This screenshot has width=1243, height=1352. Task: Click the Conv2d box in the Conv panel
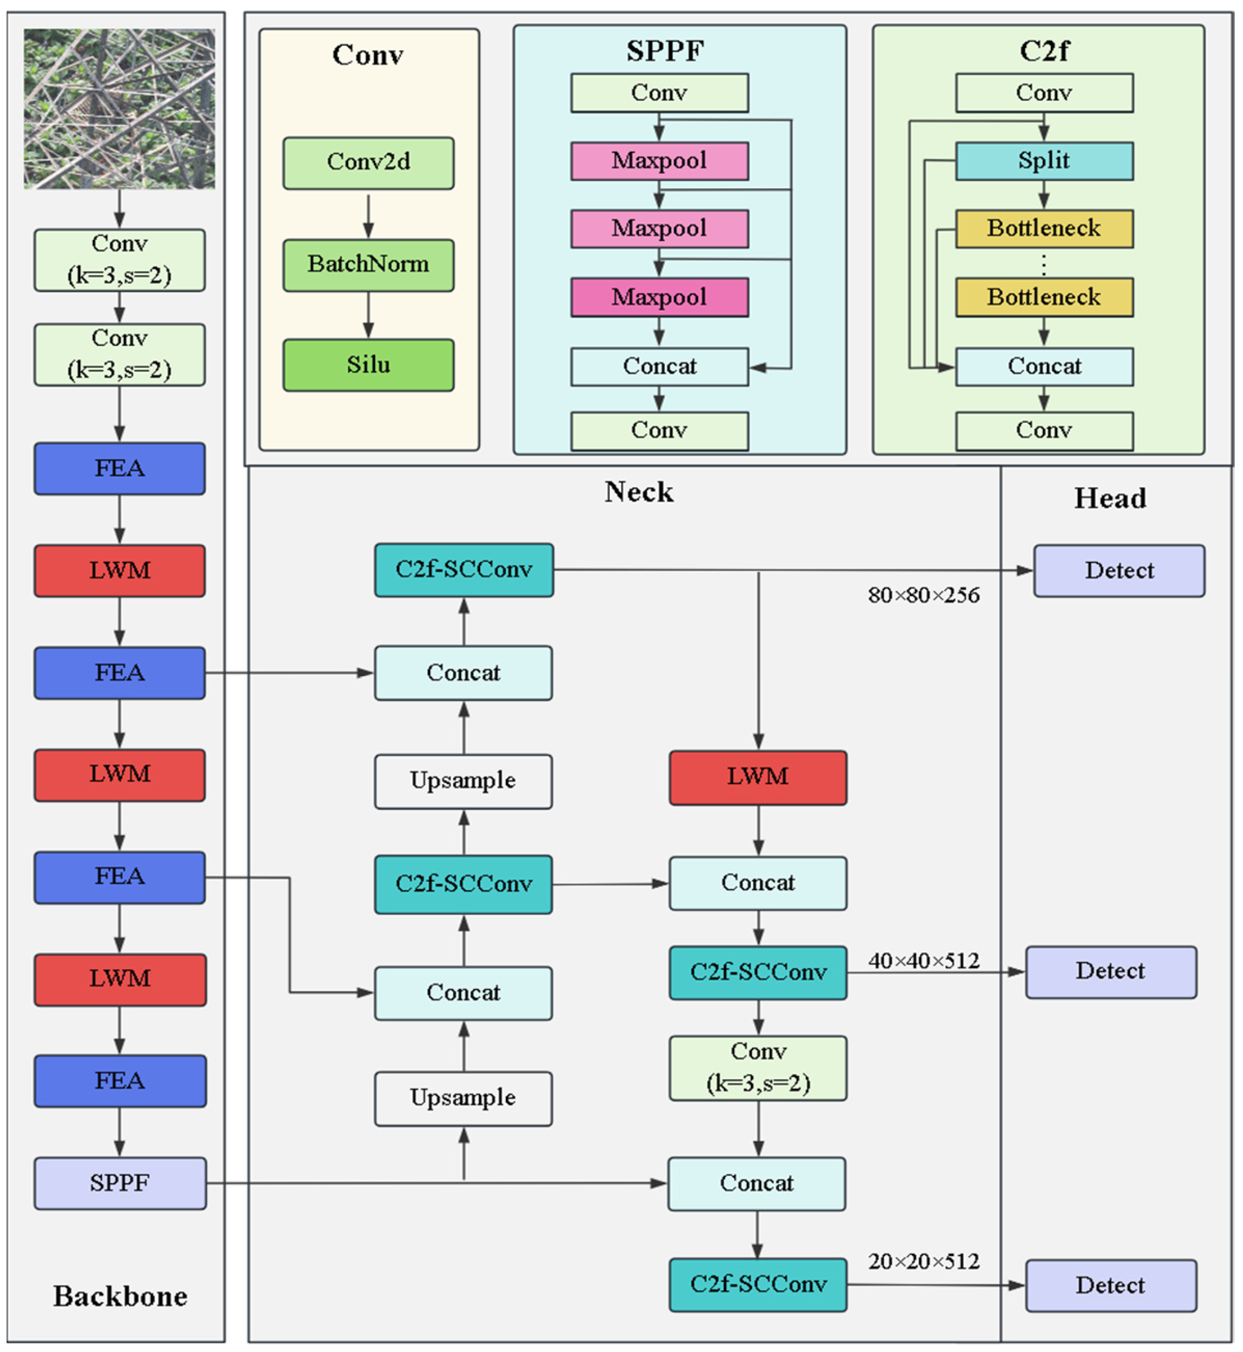[x=368, y=163]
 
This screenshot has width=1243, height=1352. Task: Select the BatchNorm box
[x=368, y=264]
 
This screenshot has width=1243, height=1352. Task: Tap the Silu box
[x=368, y=365]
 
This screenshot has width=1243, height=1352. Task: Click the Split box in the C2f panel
[x=1043, y=161]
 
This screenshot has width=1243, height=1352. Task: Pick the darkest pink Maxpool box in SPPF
[x=659, y=297]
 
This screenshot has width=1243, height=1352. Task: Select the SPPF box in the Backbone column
[x=120, y=1183]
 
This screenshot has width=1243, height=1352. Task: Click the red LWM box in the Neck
[x=757, y=777]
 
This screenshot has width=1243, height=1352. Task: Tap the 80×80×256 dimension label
[x=923, y=595]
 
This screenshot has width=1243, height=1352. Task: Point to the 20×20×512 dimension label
[x=923, y=1261]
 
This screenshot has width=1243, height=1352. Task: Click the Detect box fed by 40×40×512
[x=1110, y=971]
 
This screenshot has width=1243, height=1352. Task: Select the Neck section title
[x=638, y=492]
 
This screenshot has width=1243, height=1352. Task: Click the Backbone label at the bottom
[x=120, y=1296]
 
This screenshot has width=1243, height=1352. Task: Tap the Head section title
[x=1110, y=498]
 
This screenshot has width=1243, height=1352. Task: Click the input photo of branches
[x=120, y=108]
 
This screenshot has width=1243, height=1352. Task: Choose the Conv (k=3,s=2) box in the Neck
[x=757, y=1067]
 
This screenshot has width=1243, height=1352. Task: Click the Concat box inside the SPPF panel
[x=659, y=366]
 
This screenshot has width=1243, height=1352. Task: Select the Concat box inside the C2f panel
[x=1043, y=366]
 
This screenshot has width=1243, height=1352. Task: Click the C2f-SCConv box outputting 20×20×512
[x=757, y=1285]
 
